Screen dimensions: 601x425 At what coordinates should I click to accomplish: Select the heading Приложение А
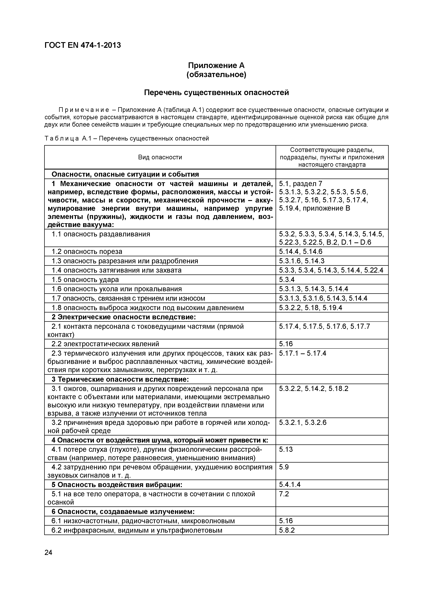click(216, 65)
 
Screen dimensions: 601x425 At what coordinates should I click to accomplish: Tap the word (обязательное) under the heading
click(216, 75)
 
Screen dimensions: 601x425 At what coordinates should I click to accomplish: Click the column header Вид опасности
click(160, 157)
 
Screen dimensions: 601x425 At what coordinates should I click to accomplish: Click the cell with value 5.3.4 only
click(287, 280)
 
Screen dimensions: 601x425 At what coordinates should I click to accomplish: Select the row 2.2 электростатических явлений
click(105, 344)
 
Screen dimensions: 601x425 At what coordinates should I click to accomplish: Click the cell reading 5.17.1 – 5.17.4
click(302, 353)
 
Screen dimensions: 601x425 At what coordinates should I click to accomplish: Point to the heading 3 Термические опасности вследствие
click(120, 379)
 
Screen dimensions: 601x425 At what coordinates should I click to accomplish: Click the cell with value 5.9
click(284, 467)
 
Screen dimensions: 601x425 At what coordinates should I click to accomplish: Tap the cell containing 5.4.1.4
click(290, 485)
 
